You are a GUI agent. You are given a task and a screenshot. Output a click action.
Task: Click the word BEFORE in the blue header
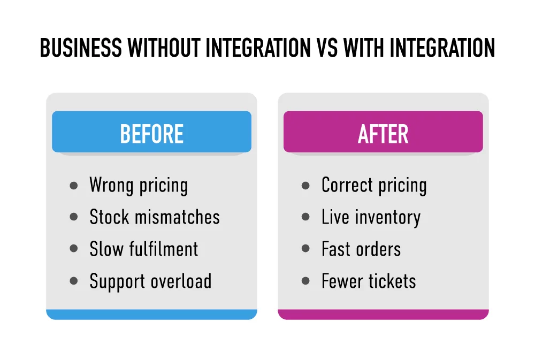pos(151,134)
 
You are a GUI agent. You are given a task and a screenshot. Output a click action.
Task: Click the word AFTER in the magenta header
pos(383,134)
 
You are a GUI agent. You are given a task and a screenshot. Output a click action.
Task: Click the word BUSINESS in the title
pos(80,49)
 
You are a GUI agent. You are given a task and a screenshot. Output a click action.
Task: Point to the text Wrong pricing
pos(139,186)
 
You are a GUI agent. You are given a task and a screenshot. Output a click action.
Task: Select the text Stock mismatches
pos(155,217)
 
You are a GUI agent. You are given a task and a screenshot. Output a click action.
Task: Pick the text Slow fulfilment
pos(144,249)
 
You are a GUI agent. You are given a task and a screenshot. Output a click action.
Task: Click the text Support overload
pos(150,281)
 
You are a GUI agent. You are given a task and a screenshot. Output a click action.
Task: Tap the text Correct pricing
pos(374,186)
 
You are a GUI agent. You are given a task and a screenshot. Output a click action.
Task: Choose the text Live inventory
pos(371,217)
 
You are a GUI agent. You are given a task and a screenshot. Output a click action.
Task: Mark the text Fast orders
pos(361,249)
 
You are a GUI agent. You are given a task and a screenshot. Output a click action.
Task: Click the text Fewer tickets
pos(369,281)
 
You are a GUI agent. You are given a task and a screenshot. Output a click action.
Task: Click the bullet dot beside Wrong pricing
pos(74,186)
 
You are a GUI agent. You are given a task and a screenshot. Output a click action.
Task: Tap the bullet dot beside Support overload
pos(74,281)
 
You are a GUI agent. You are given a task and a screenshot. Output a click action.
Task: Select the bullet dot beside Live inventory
pos(305,218)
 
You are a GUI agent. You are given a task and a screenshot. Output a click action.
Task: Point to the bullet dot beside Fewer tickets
pos(305,281)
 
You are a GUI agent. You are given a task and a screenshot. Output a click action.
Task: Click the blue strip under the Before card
pos(151,315)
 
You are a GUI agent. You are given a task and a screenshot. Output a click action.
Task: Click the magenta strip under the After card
pos(383,315)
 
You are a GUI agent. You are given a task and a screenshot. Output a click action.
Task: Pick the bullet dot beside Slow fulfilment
pos(74,250)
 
